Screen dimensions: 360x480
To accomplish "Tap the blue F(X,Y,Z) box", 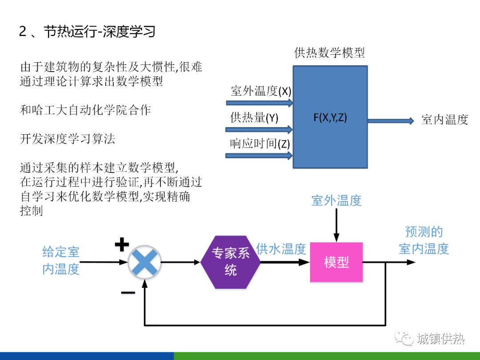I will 330,117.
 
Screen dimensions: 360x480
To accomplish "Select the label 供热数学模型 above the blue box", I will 329,53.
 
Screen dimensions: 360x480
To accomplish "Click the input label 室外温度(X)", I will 261,92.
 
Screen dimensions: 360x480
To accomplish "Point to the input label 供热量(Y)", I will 254,118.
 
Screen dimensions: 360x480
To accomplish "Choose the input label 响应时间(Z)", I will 260,144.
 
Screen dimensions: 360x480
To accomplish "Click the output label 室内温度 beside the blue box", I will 444,120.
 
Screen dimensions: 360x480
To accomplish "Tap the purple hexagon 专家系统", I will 230,262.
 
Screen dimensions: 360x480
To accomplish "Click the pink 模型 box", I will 336,262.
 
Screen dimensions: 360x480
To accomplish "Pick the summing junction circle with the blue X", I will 144,262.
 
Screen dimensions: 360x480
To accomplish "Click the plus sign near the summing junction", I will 122,244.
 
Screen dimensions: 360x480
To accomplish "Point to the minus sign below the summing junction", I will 128,292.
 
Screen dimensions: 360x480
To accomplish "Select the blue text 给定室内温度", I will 60,260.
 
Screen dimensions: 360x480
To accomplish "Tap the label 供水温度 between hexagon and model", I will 281,249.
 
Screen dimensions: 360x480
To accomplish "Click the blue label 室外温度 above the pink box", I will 336,200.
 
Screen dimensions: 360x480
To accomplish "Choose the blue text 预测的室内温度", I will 424,240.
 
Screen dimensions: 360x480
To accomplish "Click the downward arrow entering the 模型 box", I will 336,224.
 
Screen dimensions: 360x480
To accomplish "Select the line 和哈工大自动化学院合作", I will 85,110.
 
